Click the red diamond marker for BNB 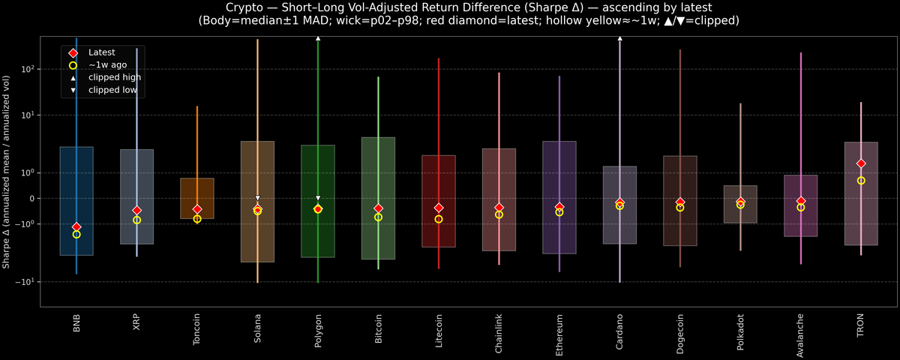pyautogui.click(x=76, y=227)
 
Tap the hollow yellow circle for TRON pyautogui.click(x=861, y=181)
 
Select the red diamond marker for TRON pyautogui.click(x=861, y=163)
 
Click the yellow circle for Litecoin pyautogui.click(x=439, y=219)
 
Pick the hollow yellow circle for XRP pyautogui.click(x=136, y=220)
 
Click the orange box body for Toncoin pyautogui.click(x=197, y=191)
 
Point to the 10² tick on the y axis pyautogui.click(x=30, y=69)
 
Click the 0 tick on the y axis pyautogui.click(x=34, y=199)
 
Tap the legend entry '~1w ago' pyautogui.click(x=107, y=65)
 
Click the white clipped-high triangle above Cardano pyautogui.click(x=619, y=37)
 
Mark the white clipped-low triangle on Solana pyautogui.click(x=257, y=198)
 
